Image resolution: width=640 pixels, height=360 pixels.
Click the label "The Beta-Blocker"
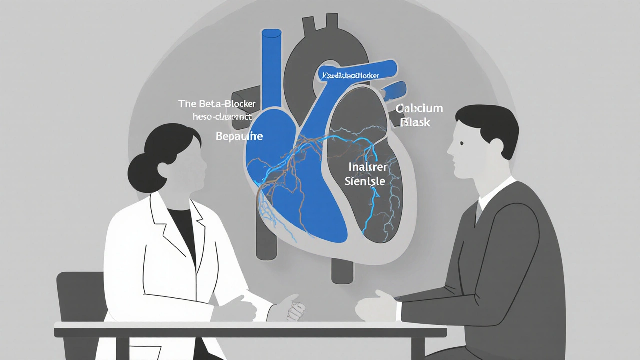tap(217, 104)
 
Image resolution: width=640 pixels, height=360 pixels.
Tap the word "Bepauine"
tap(239, 136)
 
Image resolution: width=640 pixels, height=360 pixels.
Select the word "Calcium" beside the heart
tap(419, 109)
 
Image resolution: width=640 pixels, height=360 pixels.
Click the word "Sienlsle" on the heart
tap(365, 181)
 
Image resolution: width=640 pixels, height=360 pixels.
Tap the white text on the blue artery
tap(350, 75)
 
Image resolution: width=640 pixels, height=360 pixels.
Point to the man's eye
tap(461, 144)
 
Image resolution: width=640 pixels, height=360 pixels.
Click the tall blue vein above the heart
tap(271, 65)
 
